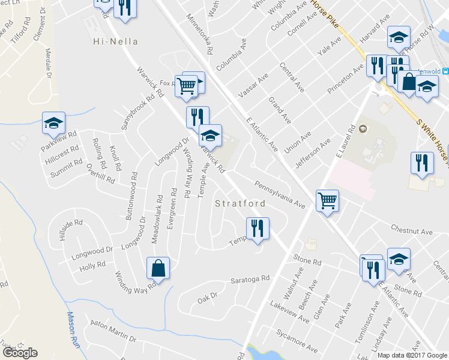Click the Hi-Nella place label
pyautogui.click(x=116, y=41)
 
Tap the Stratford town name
pyautogui.click(x=240, y=203)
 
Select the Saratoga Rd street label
pyautogui.click(x=251, y=280)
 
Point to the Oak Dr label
pyautogui.click(x=206, y=296)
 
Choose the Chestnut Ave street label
pyautogui.click(x=411, y=231)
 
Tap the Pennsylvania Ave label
pyautogui.click(x=280, y=195)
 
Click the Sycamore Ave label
pyautogui.click(x=297, y=340)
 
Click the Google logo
pyautogui.click(x=20, y=353)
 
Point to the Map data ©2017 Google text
pyautogui.click(x=412, y=355)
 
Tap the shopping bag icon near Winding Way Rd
pyautogui.click(x=158, y=268)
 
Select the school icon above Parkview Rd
pyautogui.click(x=53, y=123)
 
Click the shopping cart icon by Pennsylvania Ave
pyautogui.click(x=327, y=200)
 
